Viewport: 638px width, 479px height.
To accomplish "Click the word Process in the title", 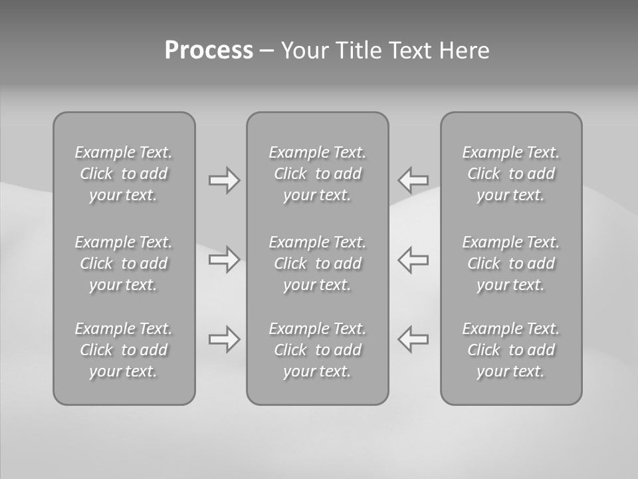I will coord(209,51).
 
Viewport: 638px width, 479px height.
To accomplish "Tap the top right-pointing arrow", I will coord(225,180).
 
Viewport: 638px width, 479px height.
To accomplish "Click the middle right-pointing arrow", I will coord(225,259).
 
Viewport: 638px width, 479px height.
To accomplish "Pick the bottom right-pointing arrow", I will coord(225,339).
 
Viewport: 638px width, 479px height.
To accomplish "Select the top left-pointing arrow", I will coord(413,180).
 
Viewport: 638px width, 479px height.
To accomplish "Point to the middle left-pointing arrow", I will coord(413,259).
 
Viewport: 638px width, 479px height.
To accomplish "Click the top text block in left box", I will coord(124,174).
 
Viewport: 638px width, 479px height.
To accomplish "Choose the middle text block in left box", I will coord(124,263).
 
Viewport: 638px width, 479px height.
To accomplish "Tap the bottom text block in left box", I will coord(124,350).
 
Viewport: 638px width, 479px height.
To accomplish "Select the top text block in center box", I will coord(318,174).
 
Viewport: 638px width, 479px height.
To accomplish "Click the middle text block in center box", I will coord(318,263).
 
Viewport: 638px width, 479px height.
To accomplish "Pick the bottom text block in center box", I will coord(318,350).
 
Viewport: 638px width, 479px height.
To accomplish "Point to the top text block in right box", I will coord(511,174).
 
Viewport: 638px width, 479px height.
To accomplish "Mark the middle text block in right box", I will coord(511,263).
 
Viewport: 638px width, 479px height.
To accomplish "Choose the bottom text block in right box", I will coord(511,350).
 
